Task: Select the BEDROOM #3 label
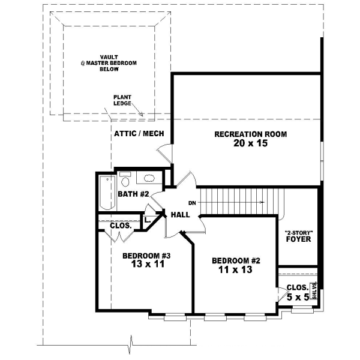147,256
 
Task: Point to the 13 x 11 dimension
147,265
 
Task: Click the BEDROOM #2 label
236,260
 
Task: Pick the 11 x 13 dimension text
236,270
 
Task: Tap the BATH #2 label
133,194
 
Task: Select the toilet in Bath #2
125,179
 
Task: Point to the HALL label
181,214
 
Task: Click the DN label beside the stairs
192,203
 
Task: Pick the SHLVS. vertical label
314,292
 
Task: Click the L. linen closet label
146,220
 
